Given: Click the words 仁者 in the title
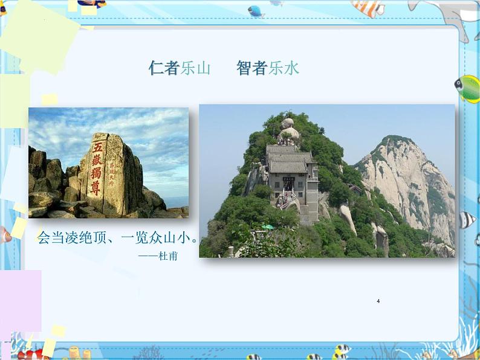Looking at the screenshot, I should tap(164, 68).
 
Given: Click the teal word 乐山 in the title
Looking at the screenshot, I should tap(195, 68).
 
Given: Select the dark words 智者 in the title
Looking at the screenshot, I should tap(252, 68).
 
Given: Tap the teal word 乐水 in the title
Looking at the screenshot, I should tap(284, 68).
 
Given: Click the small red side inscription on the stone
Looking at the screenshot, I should tap(111, 169).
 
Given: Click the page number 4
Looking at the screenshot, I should tap(378, 301).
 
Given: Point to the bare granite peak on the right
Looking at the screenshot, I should tap(411, 181).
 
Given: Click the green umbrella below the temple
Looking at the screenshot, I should tap(268, 227).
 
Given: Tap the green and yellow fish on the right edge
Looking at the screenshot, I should tap(469, 89).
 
